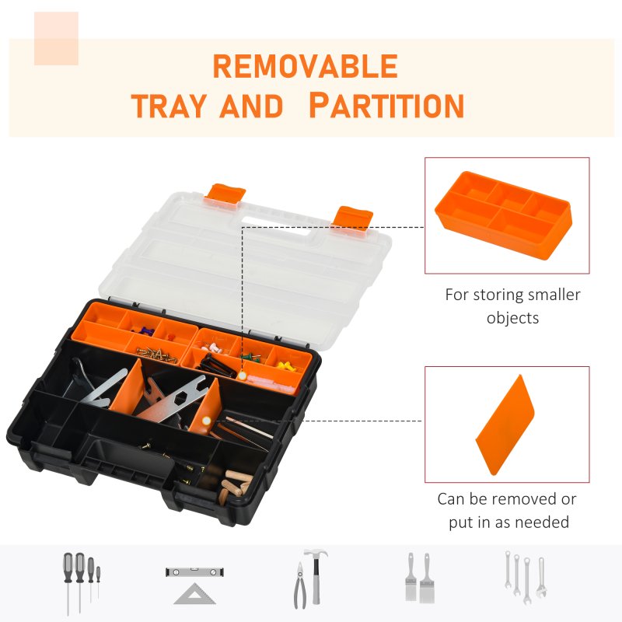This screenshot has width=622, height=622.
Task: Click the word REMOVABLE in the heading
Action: pyautogui.click(x=305, y=67)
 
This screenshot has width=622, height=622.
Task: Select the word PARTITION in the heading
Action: pyautogui.click(x=386, y=105)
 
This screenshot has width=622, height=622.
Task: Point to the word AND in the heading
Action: pyautogui.click(x=251, y=106)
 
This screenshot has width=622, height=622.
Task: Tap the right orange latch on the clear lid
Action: pyautogui.click(x=353, y=217)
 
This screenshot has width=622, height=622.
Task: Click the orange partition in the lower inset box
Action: pyautogui.click(x=505, y=425)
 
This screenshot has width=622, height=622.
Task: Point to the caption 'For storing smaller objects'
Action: pyautogui.click(x=512, y=306)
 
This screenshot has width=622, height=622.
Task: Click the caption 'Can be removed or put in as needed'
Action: pyautogui.click(x=508, y=510)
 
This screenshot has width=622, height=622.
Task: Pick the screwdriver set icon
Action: pyautogui.click(x=79, y=578)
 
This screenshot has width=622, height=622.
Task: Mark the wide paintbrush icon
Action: pyautogui.click(x=427, y=578)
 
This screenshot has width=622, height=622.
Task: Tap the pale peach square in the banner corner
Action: pyautogui.click(x=56, y=38)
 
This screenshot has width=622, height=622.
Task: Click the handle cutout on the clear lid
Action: pyautogui.click(x=280, y=228)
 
